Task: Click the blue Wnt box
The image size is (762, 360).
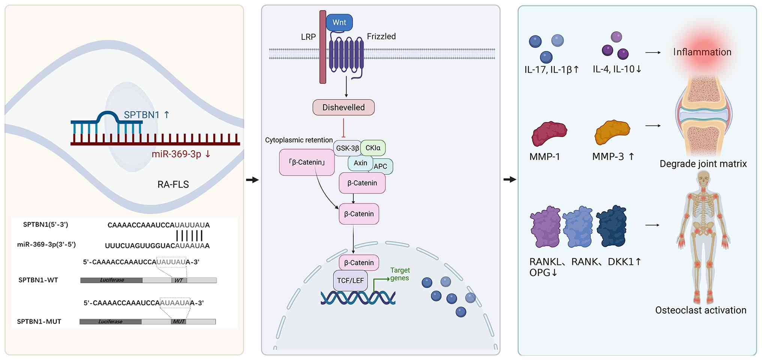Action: click(339, 22)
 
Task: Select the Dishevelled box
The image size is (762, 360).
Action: click(343, 107)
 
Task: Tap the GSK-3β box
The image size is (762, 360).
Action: click(347, 148)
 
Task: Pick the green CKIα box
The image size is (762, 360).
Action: click(373, 148)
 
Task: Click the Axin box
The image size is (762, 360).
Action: click(360, 163)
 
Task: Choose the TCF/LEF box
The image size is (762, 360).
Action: click(350, 280)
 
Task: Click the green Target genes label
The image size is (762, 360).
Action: click(400, 274)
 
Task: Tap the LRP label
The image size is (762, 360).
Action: click(308, 37)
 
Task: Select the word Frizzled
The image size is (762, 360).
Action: click(381, 36)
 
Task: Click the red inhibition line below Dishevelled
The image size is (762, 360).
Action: click(343, 128)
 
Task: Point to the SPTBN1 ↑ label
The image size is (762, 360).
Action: click(147, 115)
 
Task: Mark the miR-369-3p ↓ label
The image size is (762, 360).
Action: click(181, 154)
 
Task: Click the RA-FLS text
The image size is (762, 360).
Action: click(173, 184)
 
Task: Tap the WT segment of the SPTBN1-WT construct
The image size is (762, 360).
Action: click(179, 280)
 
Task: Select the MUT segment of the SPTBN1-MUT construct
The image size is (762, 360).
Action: click(178, 321)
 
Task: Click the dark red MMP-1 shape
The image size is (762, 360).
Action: click(549, 133)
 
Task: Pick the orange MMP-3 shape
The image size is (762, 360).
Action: click(612, 132)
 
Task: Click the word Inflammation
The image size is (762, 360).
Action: click(702, 52)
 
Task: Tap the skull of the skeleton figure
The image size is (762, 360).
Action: click(704, 178)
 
